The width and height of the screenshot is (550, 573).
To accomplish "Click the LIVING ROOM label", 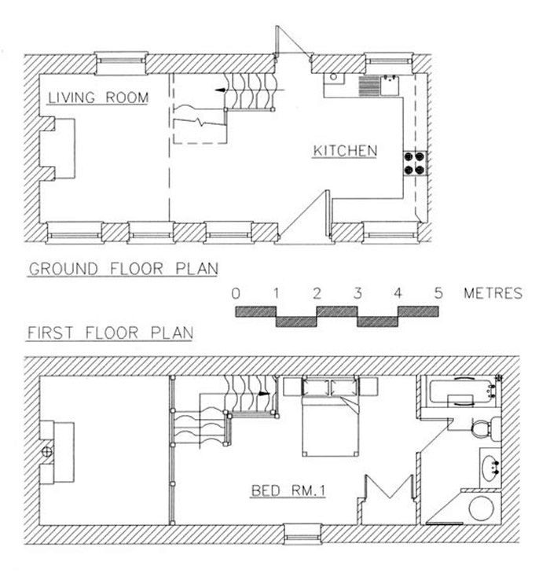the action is [98, 97].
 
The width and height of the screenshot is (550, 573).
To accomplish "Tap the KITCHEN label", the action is [345, 151].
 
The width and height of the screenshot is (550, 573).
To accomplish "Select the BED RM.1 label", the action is [288, 490].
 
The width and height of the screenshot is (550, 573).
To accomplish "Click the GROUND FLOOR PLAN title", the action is [123, 269].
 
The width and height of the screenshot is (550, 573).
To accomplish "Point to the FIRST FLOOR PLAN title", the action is [110, 333].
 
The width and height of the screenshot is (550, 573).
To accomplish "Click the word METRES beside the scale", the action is [493, 293].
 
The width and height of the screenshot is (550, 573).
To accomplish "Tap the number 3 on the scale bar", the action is [357, 293].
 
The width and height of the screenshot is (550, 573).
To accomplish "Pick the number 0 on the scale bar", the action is [236, 293].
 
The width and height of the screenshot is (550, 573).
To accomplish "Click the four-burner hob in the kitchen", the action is [415, 163].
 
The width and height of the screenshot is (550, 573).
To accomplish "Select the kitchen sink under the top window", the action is [390, 86].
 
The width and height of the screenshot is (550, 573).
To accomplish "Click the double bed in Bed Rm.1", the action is [330, 417].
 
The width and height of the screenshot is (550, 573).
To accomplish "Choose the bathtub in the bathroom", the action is [462, 393].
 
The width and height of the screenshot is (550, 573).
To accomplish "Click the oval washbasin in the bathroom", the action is [490, 468].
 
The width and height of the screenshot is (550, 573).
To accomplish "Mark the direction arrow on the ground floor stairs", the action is [220, 90].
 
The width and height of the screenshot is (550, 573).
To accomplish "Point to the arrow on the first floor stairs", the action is [264, 394].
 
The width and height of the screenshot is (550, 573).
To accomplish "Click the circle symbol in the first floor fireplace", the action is [46, 452].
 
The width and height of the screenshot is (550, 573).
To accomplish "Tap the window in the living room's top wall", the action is [121, 63].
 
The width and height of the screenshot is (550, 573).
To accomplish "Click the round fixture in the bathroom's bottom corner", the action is [482, 509].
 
